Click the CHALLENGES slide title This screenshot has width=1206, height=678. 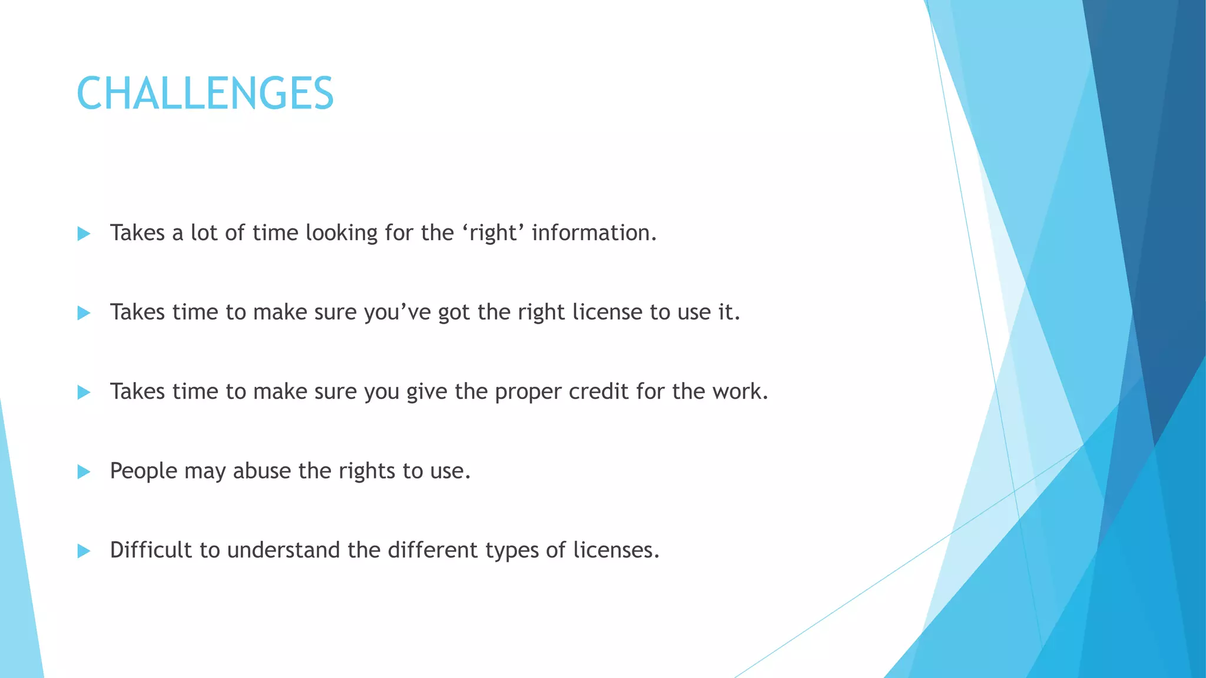[x=205, y=94]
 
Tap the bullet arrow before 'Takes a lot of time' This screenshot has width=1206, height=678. [x=84, y=234]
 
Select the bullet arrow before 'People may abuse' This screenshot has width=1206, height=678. [x=84, y=472]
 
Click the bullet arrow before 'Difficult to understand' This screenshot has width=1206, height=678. [x=84, y=551]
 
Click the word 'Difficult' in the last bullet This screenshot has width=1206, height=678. [x=151, y=550]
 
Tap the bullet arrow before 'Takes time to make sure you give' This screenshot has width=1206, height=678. [x=84, y=393]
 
